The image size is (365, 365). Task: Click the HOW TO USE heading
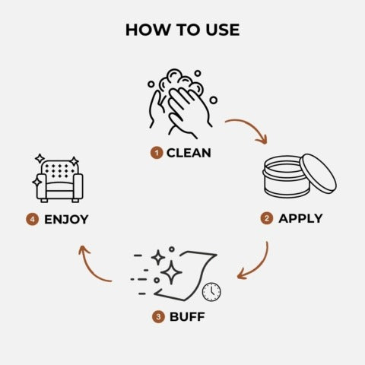[182, 30]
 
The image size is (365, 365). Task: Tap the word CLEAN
[189, 153]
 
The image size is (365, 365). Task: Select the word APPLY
[300, 218]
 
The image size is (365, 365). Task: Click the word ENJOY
[66, 220]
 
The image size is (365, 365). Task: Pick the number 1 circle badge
[157, 153]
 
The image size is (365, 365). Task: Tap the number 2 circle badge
[267, 219]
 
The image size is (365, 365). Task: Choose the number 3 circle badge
[158, 316]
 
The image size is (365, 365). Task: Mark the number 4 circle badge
[32, 220]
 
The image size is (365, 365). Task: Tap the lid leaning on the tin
[317, 173]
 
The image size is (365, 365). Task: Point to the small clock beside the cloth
[211, 291]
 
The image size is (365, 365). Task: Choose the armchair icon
[59, 180]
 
